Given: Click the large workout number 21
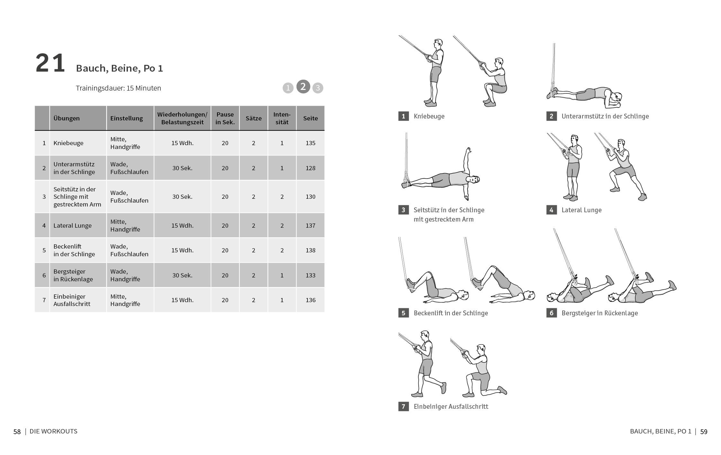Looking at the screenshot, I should point(50,63).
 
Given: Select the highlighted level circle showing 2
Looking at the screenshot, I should point(303,87).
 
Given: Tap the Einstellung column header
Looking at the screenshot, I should point(127,118).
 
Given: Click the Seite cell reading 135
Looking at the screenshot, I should point(310,143).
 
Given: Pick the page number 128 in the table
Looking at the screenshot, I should point(310,168).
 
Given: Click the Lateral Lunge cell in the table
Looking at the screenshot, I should point(73,225).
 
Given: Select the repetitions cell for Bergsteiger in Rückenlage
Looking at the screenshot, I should point(182,275).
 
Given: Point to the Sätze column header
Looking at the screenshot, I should point(254,118).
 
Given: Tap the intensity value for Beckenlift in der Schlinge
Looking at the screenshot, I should point(282,250).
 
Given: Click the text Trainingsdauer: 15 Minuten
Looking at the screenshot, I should point(118,88).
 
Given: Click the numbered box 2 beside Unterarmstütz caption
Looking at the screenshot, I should point(551,116).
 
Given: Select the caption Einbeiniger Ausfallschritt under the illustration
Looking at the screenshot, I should point(451,407).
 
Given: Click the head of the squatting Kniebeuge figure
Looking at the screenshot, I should point(499,62).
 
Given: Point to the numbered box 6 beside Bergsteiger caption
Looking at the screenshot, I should point(551,313).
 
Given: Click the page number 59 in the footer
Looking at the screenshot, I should point(704,432).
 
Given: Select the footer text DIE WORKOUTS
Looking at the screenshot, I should point(53,431).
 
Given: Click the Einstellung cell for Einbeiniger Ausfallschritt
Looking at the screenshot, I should point(125,300).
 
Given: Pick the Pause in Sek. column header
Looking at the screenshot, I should point(225,118).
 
